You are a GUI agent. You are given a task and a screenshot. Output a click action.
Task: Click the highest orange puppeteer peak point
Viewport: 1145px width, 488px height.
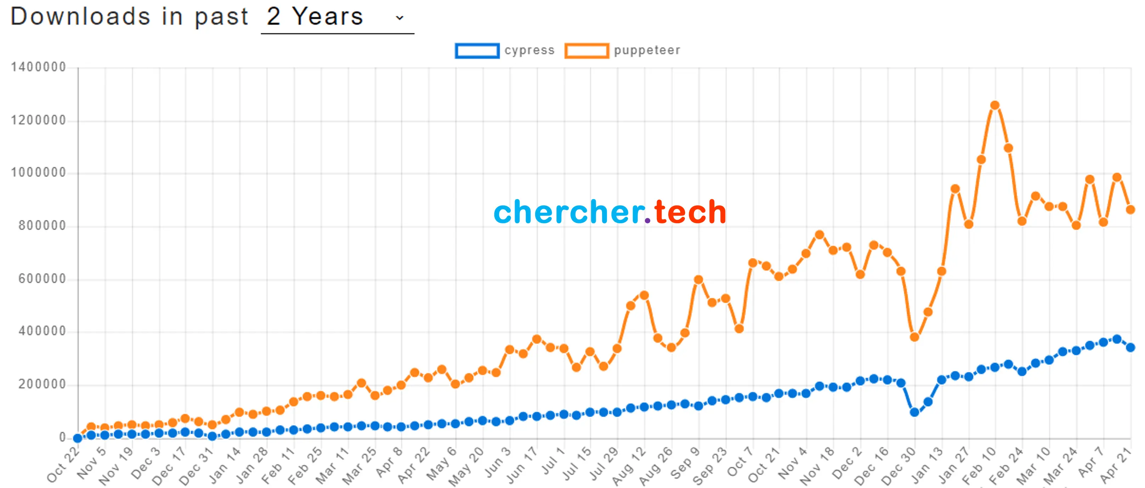pyautogui.click(x=995, y=105)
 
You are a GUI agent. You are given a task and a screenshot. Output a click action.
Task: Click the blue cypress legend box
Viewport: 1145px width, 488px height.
pyautogui.click(x=477, y=51)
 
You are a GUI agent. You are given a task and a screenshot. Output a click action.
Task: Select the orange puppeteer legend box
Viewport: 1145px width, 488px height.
pyautogui.click(x=586, y=51)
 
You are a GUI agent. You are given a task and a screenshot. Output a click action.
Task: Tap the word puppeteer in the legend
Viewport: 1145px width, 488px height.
pyautogui.click(x=647, y=50)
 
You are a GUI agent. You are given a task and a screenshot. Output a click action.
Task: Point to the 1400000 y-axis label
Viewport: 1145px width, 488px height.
pyautogui.click(x=38, y=67)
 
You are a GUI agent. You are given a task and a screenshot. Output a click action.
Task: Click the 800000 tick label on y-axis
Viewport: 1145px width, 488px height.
pyautogui.click(x=42, y=226)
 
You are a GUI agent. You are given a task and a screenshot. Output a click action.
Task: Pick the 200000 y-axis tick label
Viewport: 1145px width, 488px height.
pyautogui.click(x=42, y=385)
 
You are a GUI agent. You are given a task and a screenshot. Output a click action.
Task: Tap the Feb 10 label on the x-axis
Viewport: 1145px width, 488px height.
pyautogui.click(x=979, y=466)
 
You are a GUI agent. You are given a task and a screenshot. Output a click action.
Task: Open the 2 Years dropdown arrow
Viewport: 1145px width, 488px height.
pyautogui.click(x=399, y=18)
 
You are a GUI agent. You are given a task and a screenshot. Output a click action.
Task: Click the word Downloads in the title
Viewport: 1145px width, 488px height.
pyautogui.click(x=80, y=17)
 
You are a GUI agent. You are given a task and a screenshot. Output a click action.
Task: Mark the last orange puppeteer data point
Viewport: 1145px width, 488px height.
pyautogui.click(x=1130, y=209)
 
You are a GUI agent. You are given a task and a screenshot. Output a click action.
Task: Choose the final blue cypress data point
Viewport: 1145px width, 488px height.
pyautogui.click(x=1130, y=347)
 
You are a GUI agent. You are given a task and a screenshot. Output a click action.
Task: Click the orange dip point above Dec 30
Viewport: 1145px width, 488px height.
pyautogui.click(x=914, y=337)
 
